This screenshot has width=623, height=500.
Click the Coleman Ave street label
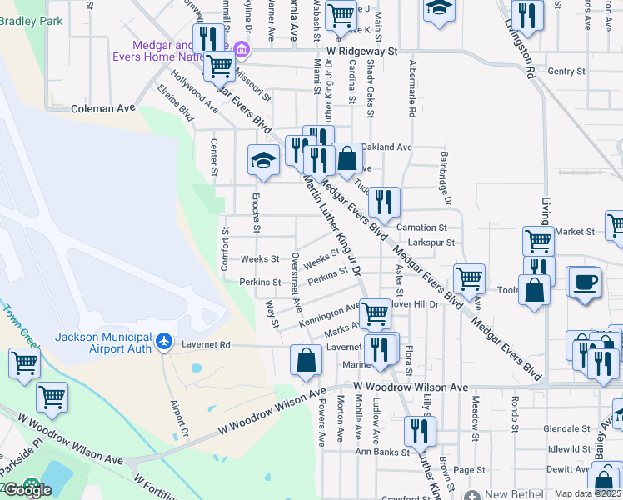(x=103, y=108)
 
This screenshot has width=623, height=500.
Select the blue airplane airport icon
(x=164, y=342)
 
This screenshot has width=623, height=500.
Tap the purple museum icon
(x=242, y=50)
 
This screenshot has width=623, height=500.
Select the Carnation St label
(x=421, y=227)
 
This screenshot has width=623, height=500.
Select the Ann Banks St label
(x=383, y=452)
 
